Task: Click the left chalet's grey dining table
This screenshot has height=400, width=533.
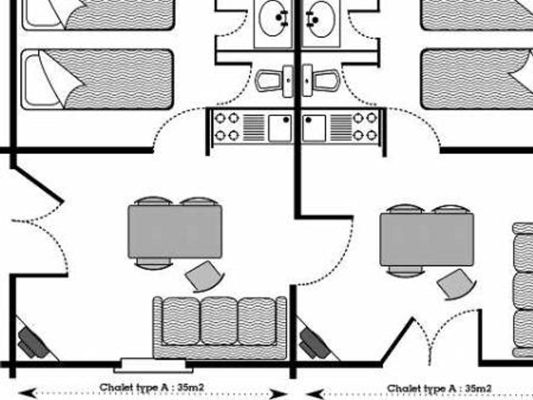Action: (175, 232)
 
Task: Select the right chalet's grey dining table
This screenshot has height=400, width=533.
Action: (426, 239)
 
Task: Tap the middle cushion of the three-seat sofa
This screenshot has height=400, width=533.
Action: (219, 321)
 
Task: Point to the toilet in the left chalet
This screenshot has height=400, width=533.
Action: (274, 81)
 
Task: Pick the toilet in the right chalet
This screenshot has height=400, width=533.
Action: (321, 80)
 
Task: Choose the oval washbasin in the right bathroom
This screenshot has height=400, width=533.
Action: (321, 19)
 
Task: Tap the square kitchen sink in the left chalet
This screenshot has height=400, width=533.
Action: (280, 128)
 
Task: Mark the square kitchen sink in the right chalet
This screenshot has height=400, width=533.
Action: (314, 128)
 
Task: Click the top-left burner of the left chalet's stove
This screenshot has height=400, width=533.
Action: (220, 119)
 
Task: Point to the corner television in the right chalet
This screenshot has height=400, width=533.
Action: (314, 343)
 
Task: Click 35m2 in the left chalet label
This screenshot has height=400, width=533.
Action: (191, 387)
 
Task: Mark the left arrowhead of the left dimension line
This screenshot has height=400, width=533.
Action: (27, 393)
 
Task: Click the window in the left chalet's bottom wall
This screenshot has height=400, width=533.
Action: (153, 365)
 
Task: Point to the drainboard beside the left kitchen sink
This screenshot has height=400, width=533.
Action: (253, 128)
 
